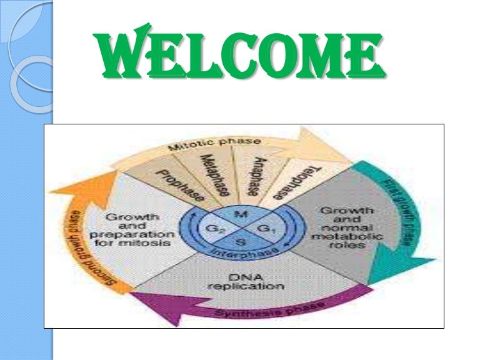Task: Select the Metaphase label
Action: coord(214,174)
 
